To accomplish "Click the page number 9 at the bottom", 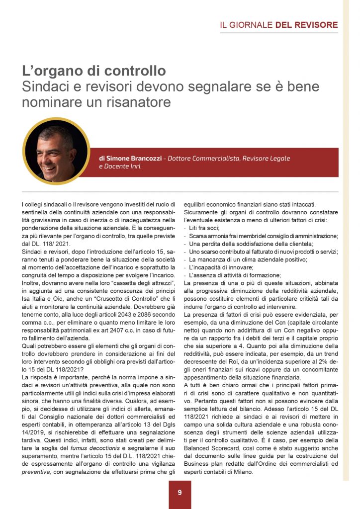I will [180, 493].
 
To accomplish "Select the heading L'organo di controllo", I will [94, 71].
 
